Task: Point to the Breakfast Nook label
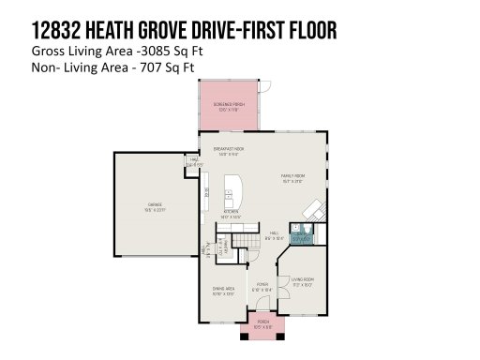tap(229, 151)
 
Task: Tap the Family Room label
tap(295, 177)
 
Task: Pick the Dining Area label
tap(223, 290)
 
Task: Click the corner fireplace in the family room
tap(320, 210)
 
